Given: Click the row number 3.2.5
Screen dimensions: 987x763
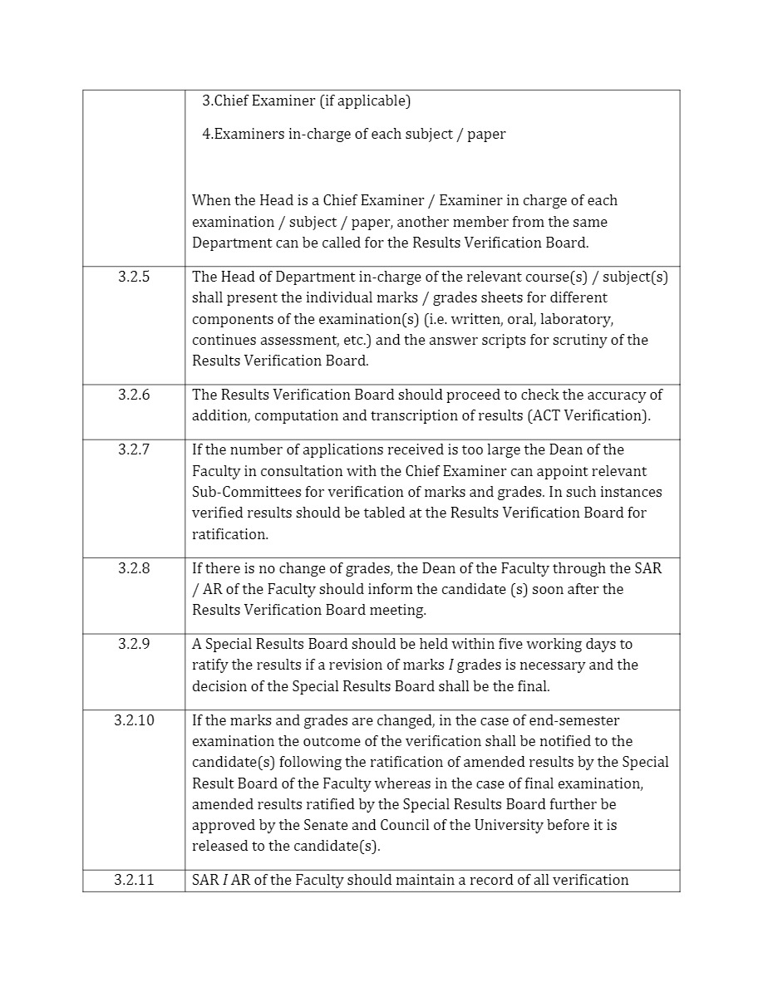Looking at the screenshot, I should point(134,277).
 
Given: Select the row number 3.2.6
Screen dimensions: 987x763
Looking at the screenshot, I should point(134,395).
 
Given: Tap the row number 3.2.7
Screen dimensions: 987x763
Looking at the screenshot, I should point(134,449).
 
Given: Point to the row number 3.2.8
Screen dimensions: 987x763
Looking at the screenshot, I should point(134,568).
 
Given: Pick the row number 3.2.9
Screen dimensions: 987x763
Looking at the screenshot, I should point(134,644).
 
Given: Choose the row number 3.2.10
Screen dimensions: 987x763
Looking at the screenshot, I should point(134,720).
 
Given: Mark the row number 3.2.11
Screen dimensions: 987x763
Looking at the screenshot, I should point(134,880).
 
